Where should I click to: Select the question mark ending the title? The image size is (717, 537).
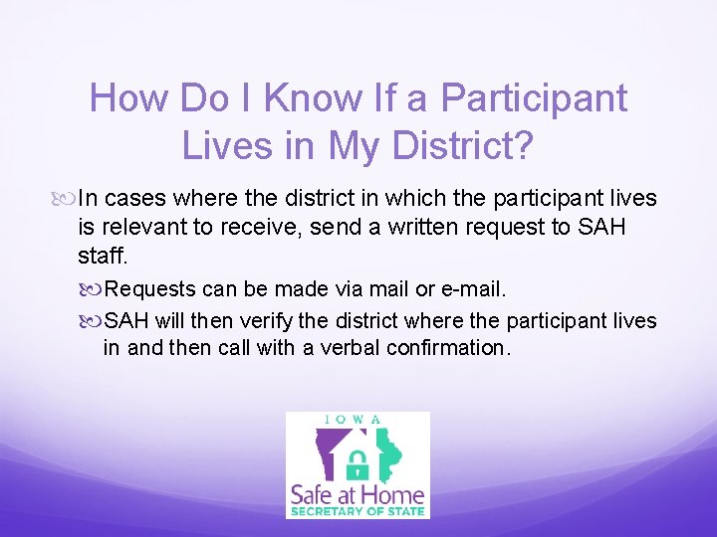522,145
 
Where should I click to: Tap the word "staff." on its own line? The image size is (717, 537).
103,257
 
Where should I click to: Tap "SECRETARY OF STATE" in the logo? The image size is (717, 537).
358,512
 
